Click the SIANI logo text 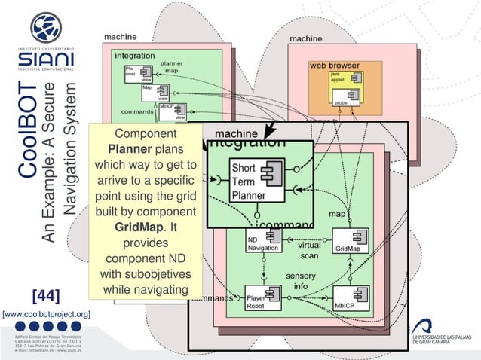pyautogui.click(x=46, y=58)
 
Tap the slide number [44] pyautogui.click(x=45, y=294)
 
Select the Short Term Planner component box pyautogui.click(x=247, y=180)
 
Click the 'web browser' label pyautogui.click(x=334, y=66)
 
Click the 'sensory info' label pyautogui.click(x=300, y=281)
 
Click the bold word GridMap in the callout pyautogui.click(x=137, y=227)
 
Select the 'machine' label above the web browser pyautogui.click(x=306, y=38)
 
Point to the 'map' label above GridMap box pyautogui.click(x=337, y=214)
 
